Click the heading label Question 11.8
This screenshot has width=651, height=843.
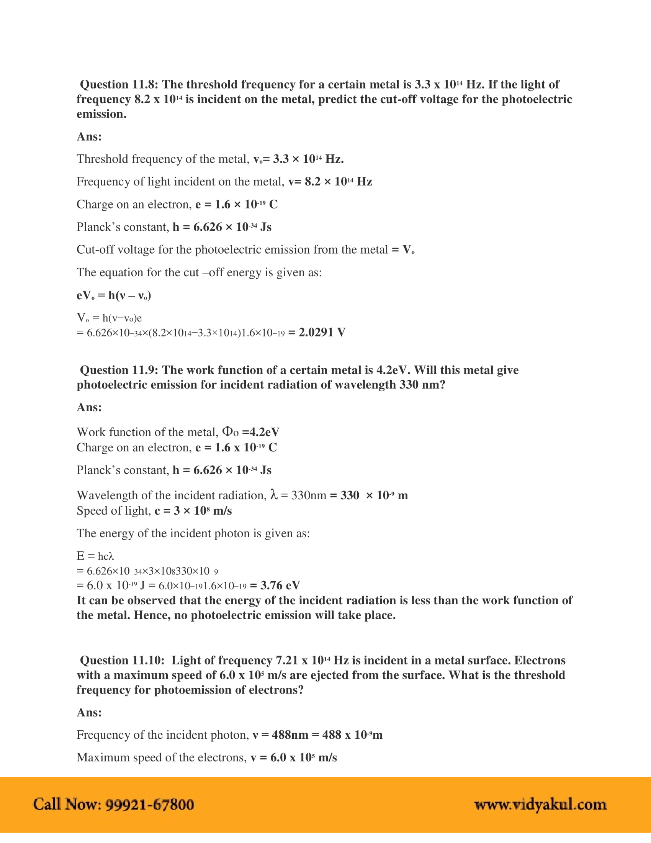(119, 85)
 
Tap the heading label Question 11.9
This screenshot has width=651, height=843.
(119, 370)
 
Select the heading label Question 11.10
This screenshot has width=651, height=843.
(122, 661)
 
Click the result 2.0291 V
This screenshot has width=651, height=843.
(322, 332)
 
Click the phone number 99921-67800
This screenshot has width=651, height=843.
(150, 805)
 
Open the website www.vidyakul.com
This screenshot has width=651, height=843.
(540, 805)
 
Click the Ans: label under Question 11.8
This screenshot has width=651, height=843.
(89, 137)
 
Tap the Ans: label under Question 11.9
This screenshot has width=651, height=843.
(89, 407)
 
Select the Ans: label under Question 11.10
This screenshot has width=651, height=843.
(89, 712)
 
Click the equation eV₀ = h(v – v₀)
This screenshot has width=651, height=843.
(114, 296)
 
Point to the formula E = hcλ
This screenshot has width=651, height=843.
(95, 556)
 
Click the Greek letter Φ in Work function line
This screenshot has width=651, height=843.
(227, 431)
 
